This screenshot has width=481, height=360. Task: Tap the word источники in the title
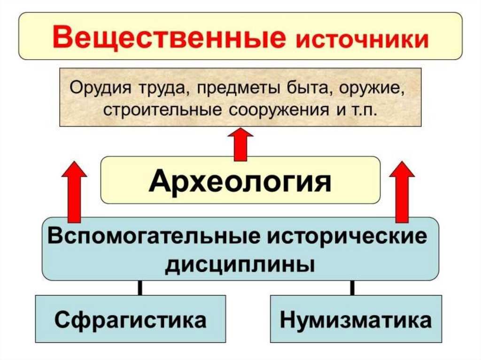point(361,39)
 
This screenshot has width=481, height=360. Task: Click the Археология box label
point(240,181)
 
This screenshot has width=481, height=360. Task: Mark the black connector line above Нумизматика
point(352,288)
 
